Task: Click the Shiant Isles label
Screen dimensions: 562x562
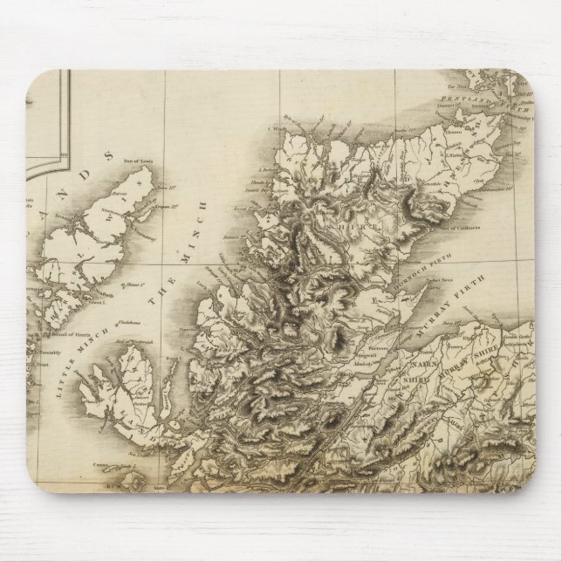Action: point(134,283)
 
